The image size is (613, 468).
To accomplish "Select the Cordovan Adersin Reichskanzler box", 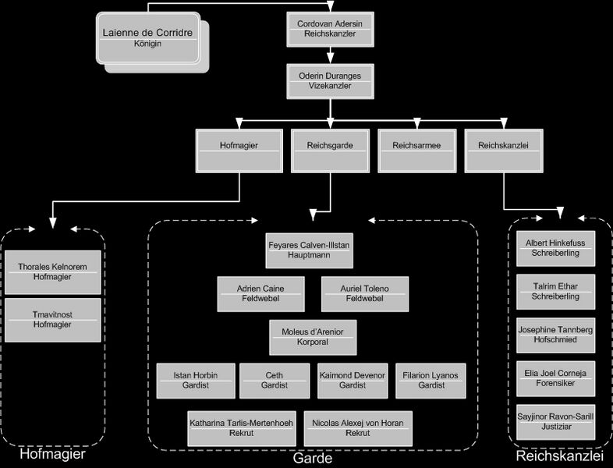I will coord(330,29).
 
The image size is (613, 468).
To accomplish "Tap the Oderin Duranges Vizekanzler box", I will coord(330,81).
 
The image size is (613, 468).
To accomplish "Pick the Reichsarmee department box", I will coord(416,151).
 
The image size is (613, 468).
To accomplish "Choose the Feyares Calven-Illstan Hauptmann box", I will coord(308,250).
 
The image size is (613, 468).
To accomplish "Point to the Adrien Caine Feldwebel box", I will coord(260,294).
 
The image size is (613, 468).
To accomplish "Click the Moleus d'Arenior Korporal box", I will coord(313,337).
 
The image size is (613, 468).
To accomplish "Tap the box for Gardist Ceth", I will coord(274,381).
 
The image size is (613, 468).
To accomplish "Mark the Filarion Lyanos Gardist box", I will coord(431,381).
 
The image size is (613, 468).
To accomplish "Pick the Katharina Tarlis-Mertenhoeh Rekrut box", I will coord(242,428).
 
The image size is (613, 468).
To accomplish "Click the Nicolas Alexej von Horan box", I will coord(357,428).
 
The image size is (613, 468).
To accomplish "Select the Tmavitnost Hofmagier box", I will coord(52,320).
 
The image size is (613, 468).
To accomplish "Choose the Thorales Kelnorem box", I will coord(52,272).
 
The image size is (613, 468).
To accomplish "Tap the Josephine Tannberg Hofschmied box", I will coord(555,335).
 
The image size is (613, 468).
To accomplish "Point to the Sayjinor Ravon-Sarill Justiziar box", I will coord(555,422).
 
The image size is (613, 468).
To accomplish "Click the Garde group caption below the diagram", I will coord(313,459).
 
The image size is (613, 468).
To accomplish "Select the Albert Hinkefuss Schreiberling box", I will coord(555,248).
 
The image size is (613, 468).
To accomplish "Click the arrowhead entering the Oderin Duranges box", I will coord(331,59).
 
